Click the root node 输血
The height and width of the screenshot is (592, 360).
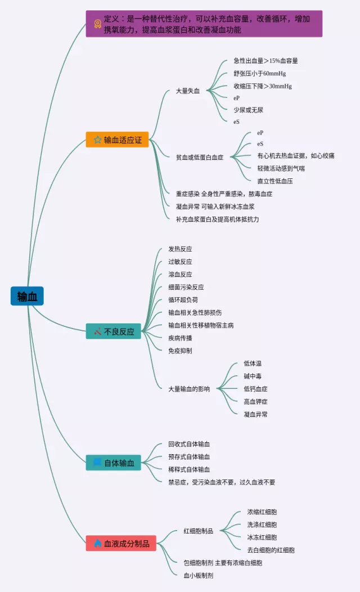[27, 296]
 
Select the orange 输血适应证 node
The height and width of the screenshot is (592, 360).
[117, 140]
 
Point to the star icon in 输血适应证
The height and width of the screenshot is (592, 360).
[97, 140]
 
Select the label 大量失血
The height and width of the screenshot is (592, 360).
[188, 91]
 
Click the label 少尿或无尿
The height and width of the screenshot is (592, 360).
[248, 110]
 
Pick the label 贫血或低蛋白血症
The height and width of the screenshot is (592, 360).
[200, 158]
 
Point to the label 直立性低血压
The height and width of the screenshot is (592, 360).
[275, 181]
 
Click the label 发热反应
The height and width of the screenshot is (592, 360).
[180, 249]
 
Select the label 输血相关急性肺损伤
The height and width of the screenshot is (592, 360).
[195, 312]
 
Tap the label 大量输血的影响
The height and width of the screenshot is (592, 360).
[189, 389]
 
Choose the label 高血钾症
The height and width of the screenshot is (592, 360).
[255, 402]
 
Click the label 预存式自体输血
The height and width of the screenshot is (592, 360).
[189, 457]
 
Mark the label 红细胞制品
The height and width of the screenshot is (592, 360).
[198, 531]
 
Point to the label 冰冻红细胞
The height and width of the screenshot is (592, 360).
[262, 537]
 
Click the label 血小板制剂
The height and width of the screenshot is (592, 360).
[198, 575]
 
